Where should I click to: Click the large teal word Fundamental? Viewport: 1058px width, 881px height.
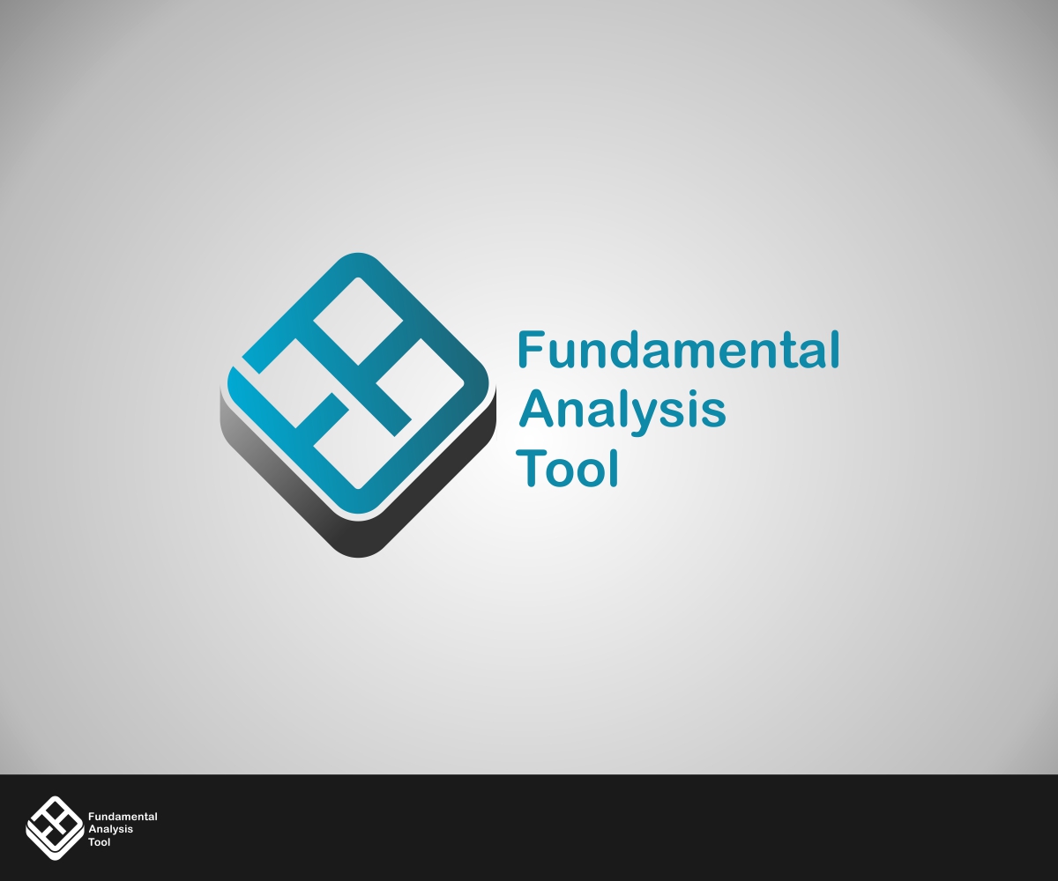click(x=678, y=350)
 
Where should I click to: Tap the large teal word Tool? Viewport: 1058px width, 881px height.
click(x=568, y=468)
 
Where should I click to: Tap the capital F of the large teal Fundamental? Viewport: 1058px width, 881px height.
click(x=529, y=350)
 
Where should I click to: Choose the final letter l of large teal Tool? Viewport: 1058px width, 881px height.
click(x=615, y=468)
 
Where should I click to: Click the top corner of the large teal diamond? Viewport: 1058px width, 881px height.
click(x=358, y=254)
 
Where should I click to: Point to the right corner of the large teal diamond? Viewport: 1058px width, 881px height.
click(x=494, y=390)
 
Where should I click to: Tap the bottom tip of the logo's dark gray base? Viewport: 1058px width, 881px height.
click(x=358, y=558)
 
